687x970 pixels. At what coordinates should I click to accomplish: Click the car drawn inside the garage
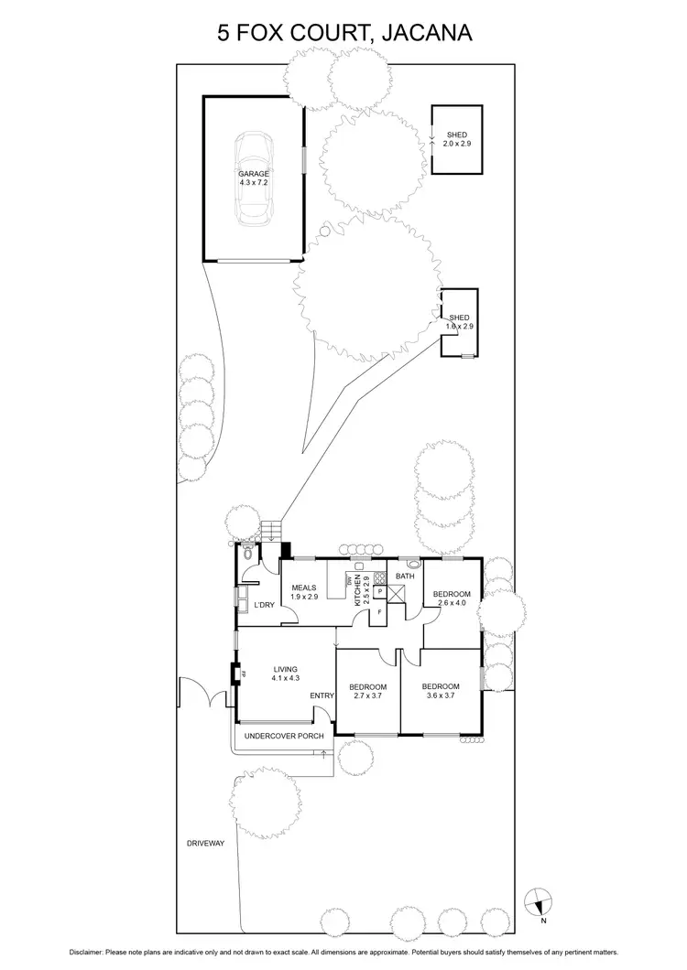click(x=254, y=178)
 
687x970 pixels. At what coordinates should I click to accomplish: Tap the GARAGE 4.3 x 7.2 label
click(x=254, y=178)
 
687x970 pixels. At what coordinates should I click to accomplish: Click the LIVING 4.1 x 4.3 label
click(x=286, y=674)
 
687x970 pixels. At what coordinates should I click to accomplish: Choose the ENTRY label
click(x=322, y=696)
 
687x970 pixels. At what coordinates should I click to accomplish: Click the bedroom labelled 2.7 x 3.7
click(x=367, y=692)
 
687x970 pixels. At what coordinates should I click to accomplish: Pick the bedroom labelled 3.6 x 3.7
click(x=438, y=691)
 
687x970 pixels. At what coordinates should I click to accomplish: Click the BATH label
click(x=406, y=576)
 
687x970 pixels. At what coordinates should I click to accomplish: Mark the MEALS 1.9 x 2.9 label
click(x=303, y=593)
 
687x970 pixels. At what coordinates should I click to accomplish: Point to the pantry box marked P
click(x=379, y=593)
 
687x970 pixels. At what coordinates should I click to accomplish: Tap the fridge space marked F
click(x=378, y=612)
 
